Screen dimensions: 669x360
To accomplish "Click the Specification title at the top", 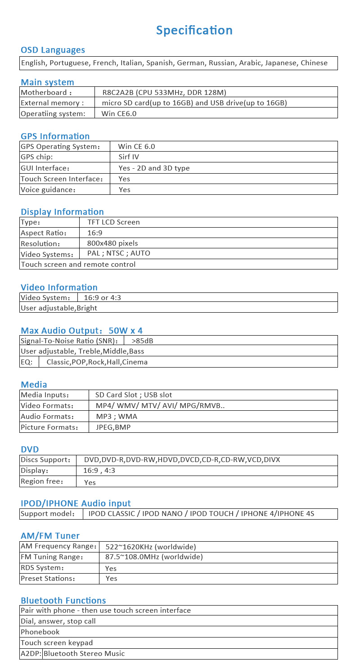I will pyautogui.click(x=194, y=30).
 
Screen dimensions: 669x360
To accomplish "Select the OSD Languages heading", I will pyautogui.click(x=53, y=50).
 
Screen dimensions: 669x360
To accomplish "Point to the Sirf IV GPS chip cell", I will pyautogui.click(x=129, y=157).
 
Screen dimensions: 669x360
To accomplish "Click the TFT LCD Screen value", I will pyautogui.click(x=113, y=222).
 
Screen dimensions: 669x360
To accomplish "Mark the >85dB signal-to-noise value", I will pyautogui.click(x=142, y=341).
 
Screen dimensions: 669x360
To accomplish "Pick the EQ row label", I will pyautogui.click(x=27, y=362).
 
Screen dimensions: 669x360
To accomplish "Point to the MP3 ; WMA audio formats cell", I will pyautogui.click(x=117, y=417).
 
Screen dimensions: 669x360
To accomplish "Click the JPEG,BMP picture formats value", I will pyautogui.click(x=113, y=427).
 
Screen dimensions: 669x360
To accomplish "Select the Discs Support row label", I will pyautogui.click(x=45, y=460).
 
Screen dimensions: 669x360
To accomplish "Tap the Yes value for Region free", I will pyautogui.click(x=90, y=482).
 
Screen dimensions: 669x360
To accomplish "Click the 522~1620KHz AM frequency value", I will pyautogui.click(x=151, y=547).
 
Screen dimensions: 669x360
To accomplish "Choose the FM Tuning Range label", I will pyautogui.click(x=52, y=557).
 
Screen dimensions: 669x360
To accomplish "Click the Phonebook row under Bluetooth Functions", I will pyautogui.click(x=40, y=632).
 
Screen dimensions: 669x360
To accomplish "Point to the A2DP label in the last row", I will pyautogui.click(x=31, y=654).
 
